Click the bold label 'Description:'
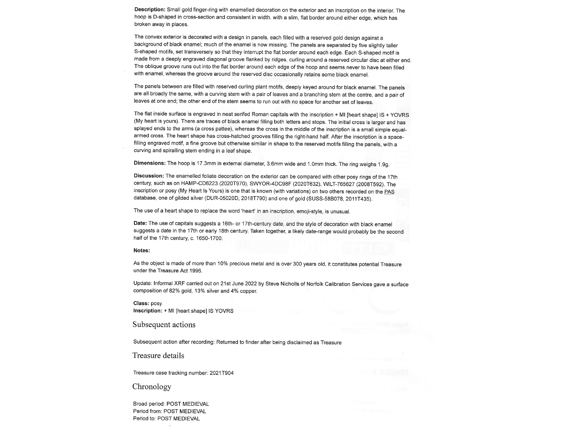[150, 9]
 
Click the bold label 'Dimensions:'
[149, 163]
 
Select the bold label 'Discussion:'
[148, 176]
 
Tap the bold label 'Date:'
[140, 223]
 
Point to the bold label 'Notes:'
[142, 251]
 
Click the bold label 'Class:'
[141, 303]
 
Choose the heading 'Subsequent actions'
[164, 325]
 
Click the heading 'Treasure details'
[158, 356]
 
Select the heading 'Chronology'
[152, 387]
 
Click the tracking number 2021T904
[221, 373]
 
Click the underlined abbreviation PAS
[389, 192]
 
